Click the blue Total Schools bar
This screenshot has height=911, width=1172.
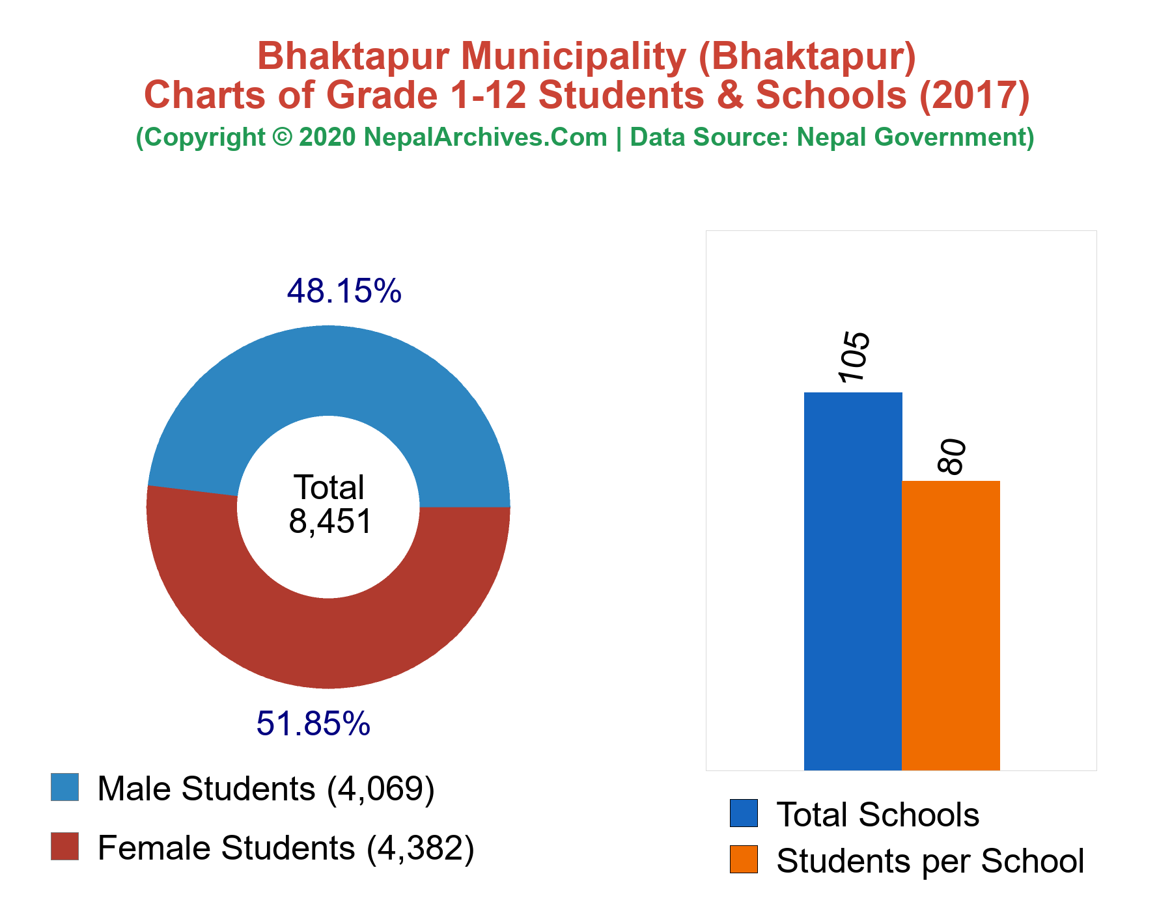click(x=853, y=581)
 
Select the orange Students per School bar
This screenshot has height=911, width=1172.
click(x=951, y=625)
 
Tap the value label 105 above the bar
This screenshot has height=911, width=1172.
click(x=854, y=357)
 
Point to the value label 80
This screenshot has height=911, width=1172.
click(x=951, y=457)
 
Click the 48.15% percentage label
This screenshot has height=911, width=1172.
click(x=344, y=291)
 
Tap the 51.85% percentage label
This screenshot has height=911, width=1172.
click(x=313, y=724)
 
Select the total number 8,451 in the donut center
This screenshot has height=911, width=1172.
click(x=330, y=521)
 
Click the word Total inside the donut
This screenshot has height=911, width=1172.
click(x=329, y=487)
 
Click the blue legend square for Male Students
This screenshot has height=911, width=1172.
click(x=65, y=787)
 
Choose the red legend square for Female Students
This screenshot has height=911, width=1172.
click(x=65, y=847)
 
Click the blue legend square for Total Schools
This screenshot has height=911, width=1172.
click(x=744, y=813)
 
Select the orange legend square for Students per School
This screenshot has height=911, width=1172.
click(x=744, y=860)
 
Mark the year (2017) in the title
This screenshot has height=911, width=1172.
click(x=974, y=95)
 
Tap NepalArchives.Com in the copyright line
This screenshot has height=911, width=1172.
click(x=486, y=137)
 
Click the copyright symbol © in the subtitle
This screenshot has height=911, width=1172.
click(x=282, y=137)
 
